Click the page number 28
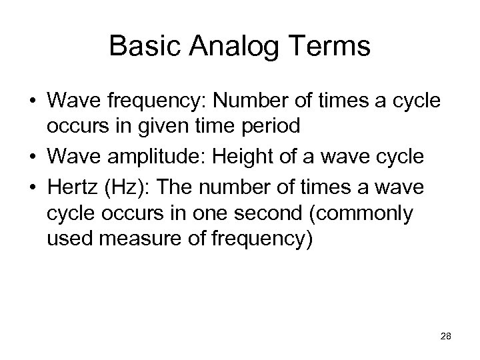pyautogui.click(x=446, y=338)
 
